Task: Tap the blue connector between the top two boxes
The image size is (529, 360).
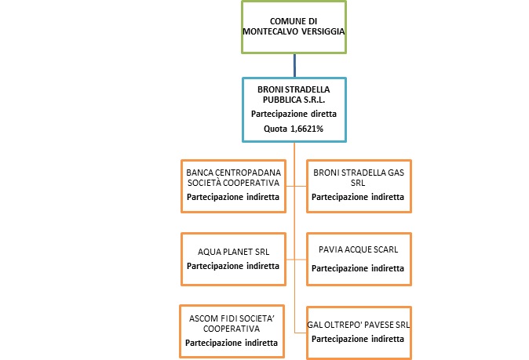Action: [x=294, y=65]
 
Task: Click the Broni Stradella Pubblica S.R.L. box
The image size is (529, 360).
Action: [x=293, y=109]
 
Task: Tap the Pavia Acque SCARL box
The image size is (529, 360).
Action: [x=358, y=258]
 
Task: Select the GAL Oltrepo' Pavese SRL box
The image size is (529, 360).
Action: [x=358, y=330]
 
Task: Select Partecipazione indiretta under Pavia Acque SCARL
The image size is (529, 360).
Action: [x=358, y=267]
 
